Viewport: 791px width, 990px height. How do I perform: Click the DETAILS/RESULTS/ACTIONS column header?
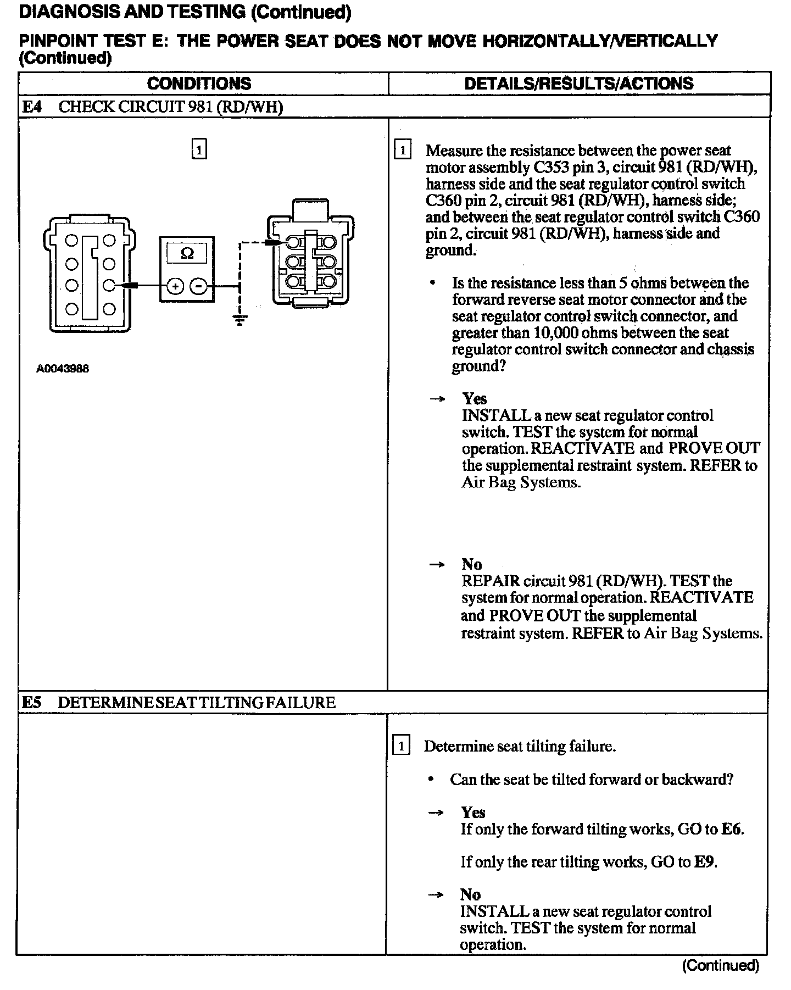(578, 84)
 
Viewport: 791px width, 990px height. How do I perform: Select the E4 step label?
(31, 107)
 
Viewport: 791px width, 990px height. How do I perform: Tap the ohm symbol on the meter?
(187, 254)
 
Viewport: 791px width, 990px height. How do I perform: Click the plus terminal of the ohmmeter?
(175, 286)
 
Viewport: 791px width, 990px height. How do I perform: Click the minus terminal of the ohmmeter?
(199, 286)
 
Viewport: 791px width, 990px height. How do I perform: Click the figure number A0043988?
(63, 369)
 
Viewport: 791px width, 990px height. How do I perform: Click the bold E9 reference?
(705, 862)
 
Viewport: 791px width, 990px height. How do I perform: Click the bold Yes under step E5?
(473, 813)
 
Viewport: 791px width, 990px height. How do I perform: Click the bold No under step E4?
(471, 564)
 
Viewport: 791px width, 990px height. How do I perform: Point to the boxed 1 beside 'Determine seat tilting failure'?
(402, 746)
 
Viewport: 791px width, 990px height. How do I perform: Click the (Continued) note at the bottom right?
(720, 966)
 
